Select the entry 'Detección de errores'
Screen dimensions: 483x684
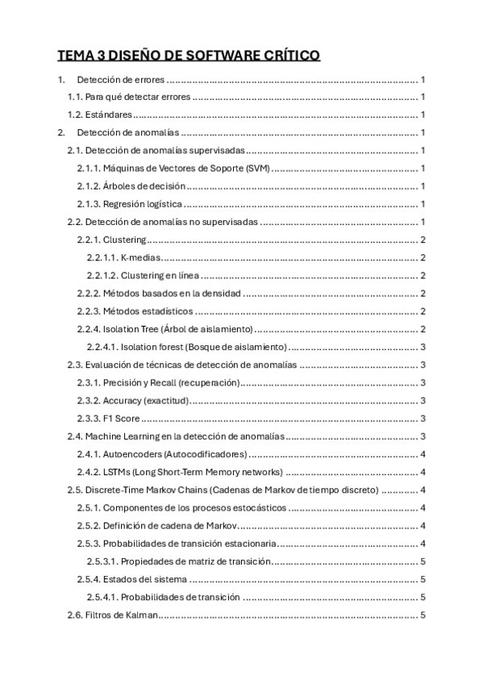[121, 80]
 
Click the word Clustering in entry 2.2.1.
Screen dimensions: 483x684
[124, 240]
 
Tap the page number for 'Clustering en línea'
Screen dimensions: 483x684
[423, 275]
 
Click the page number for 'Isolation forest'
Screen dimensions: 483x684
[423, 346]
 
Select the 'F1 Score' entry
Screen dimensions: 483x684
[121, 418]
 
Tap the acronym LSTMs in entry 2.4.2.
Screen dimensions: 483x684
[118, 472]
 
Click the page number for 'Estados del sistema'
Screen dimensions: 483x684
[423, 579]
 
